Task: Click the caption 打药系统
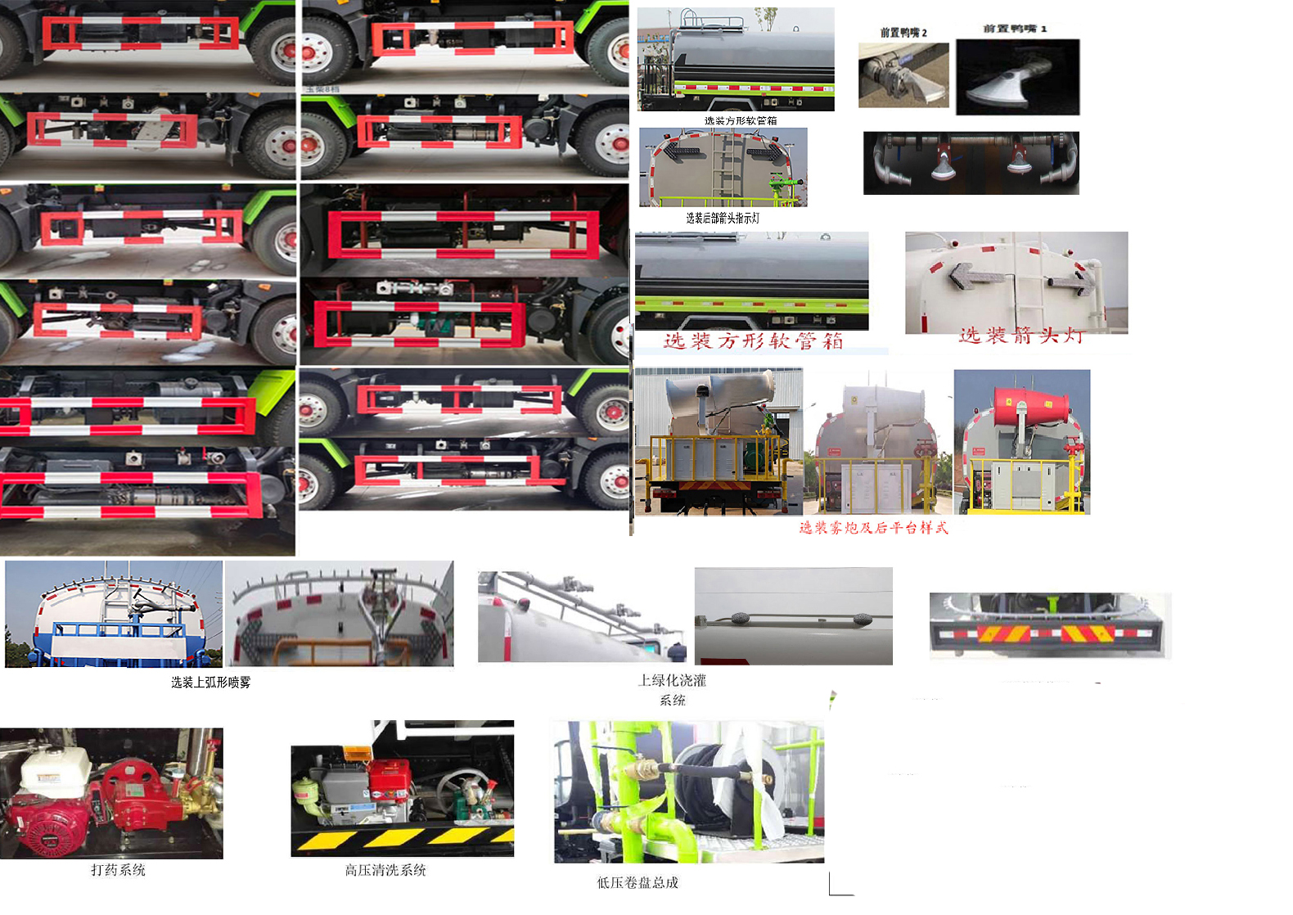pos(118,870)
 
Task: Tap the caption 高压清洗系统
pos(385,870)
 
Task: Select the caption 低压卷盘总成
pos(637,882)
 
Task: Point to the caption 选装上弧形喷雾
pos(210,682)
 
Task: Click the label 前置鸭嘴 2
pos(903,33)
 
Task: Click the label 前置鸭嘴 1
pos(1015,29)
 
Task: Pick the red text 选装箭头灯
pos(1021,336)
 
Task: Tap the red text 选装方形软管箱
pos(753,341)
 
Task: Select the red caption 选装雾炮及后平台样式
pos(873,528)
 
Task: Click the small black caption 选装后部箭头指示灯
pos(723,219)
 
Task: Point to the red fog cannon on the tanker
pos(1031,405)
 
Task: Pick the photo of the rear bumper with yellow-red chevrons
pos(1050,626)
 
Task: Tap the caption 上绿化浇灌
pos(672,680)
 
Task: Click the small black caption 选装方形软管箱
pos(741,120)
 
